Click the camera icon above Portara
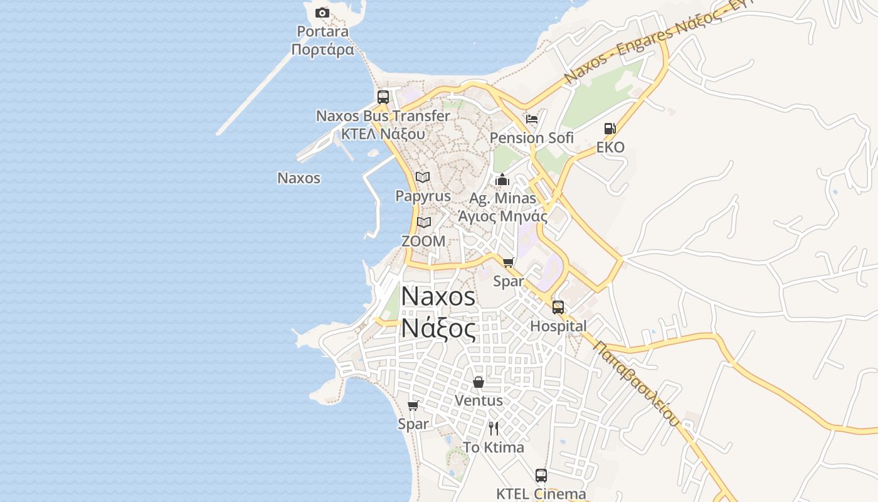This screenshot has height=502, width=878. click(322, 13)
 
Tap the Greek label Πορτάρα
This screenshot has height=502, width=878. click(323, 50)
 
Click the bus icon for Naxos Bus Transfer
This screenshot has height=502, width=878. click(383, 97)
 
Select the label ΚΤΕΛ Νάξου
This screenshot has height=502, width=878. click(383, 134)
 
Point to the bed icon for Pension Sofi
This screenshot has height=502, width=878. click(532, 119)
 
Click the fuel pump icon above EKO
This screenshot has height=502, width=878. click(610, 129)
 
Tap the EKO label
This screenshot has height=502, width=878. click(610, 147)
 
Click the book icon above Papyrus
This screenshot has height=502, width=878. click(423, 178)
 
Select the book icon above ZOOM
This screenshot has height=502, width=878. click(424, 222)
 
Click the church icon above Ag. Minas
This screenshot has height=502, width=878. click(502, 180)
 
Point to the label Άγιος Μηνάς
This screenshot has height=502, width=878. click(503, 217)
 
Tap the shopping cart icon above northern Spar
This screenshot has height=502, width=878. click(508, 262)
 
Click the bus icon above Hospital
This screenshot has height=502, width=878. click(558, 307)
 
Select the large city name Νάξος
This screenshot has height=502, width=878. click(438, 328)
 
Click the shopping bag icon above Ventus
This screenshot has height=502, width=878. click(479, 382)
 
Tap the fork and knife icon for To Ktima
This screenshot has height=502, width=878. click(494, 429)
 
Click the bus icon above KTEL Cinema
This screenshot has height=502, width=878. click(541, 476)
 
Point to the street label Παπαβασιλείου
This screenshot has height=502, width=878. click(636, 383)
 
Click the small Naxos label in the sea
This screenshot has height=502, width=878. click(299, 178)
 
